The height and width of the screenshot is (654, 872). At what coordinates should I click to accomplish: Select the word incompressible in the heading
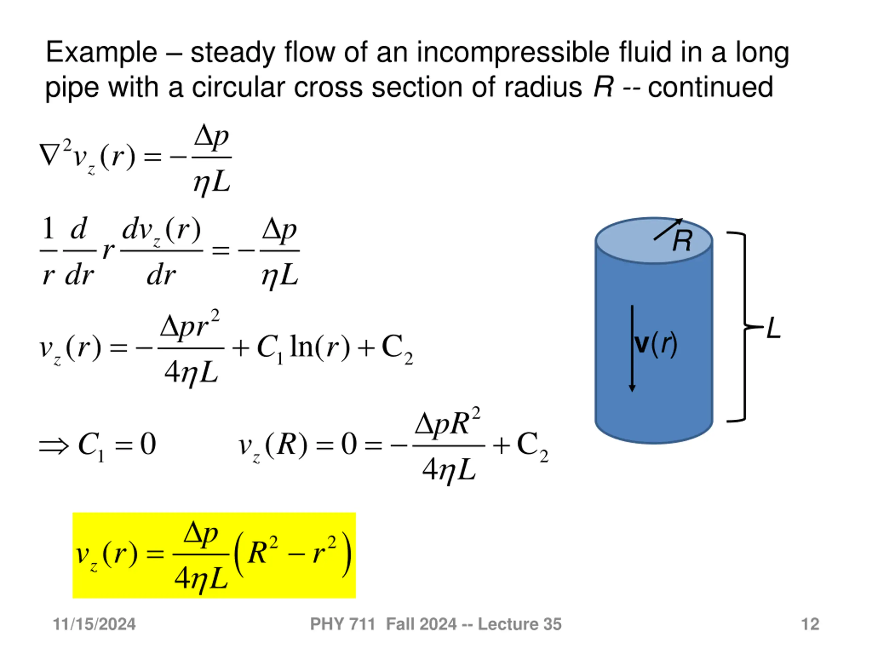tap(513, 52)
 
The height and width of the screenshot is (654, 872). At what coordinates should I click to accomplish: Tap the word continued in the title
tap(710, 87)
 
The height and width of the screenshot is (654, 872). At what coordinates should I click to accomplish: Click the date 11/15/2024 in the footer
tap(94, 624)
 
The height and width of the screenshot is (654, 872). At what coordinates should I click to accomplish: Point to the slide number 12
tap(810, 624)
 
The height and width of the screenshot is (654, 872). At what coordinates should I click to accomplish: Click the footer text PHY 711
tap(342, 624)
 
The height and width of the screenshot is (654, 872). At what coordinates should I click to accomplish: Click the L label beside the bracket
tap(774, 328)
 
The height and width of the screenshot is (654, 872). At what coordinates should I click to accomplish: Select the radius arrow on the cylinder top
tap(667, 230)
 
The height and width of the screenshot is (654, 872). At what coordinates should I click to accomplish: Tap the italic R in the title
tap(604, 87)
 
